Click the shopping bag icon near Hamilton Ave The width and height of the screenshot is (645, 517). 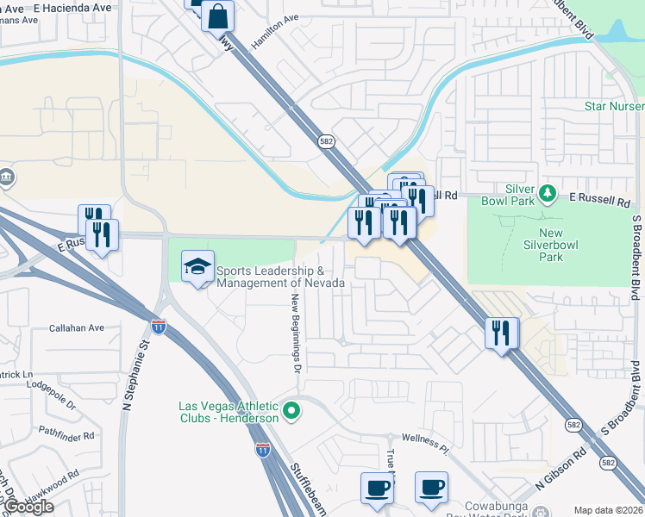click(217, 16)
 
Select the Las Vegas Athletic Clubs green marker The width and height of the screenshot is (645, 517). click(291, 411)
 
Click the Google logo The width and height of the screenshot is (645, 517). click(28, 507)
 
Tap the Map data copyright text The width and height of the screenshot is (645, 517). click(608, 510)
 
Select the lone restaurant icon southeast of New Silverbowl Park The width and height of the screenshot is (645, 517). click(501, 332)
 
